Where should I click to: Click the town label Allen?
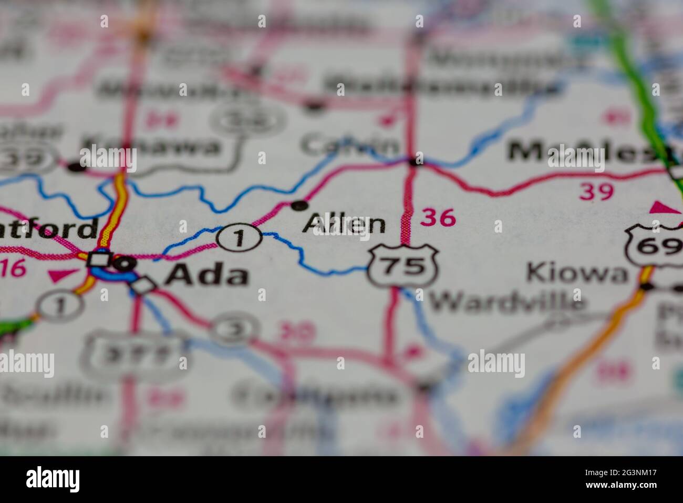click(344, 224)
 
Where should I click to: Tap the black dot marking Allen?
click(299, 205)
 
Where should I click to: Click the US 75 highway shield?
click(403, 266)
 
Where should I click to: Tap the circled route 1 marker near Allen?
click(240, 237)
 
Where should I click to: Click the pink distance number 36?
click(438, 217)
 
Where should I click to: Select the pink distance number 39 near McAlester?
click(596, 192)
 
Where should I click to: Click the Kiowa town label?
click(577, 274)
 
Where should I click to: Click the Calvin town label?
click(349, 144)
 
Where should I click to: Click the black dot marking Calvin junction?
click(416, 161)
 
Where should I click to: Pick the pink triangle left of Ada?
click(62, 275)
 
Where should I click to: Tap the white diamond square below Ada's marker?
click(143, 285)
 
